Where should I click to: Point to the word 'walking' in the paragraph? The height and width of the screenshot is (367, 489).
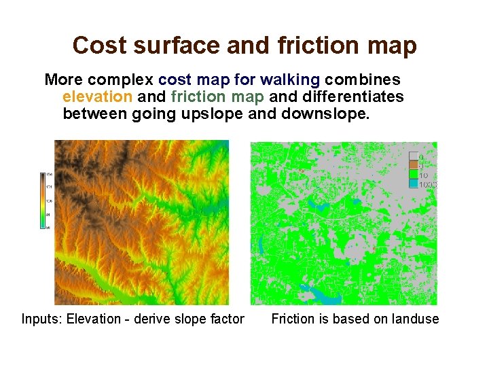click(x=291, y=80)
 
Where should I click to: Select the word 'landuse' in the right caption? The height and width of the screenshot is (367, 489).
click(x=413, y=319)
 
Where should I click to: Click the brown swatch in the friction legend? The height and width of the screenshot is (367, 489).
click(x=413, y=165)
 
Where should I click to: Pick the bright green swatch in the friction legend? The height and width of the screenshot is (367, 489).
click(x=413, y=174)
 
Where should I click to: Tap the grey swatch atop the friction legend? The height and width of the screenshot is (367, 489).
click(x=413, y=156)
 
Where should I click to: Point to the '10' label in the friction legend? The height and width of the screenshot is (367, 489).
click(x=423, y=175)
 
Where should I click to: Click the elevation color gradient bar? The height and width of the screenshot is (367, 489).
click(x=42, y=200)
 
